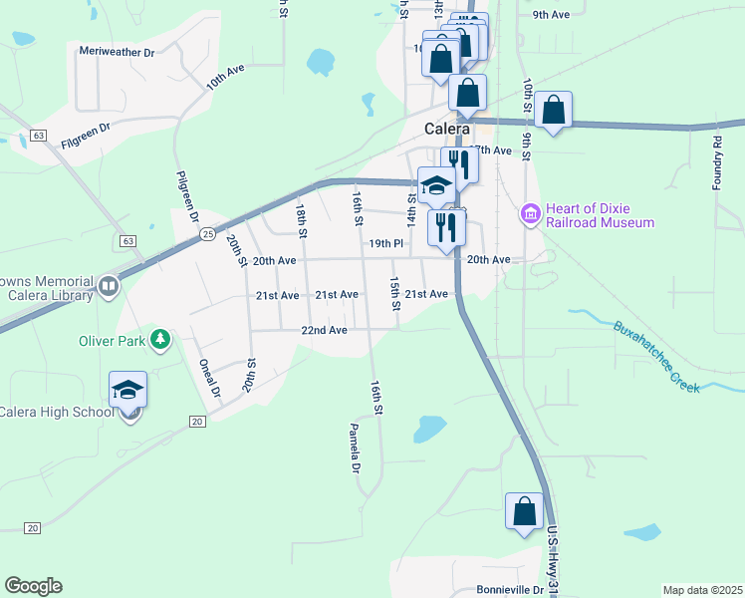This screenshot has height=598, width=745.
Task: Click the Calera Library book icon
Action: tap(109, 288)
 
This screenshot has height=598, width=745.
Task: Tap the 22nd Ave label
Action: tap(325, 330)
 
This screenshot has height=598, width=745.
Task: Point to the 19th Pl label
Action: tap(385, 243)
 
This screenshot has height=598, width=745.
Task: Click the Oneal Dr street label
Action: tap(208, 378)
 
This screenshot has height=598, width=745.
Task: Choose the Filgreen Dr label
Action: tap(85, 134)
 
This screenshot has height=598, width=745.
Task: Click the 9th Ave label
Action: tap(550, 15)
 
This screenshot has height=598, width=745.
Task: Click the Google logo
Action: tap(33, 586)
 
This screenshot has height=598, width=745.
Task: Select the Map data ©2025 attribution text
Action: tap(701, 590)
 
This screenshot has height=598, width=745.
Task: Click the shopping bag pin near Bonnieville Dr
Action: tap(525, 512)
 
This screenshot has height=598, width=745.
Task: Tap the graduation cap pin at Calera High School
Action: tap(127, 390)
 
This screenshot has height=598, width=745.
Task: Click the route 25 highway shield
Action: tap(206, 234)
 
